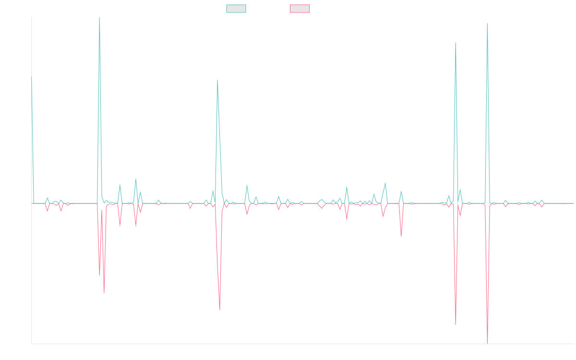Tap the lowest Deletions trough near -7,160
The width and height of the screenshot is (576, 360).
tap(487, 343)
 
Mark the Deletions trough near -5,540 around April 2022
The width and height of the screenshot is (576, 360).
tap(220, 310)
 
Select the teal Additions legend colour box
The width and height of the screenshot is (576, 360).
tap(236, 9)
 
